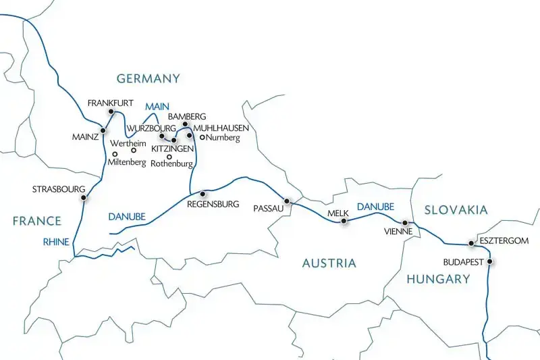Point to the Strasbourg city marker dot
(x=84, y=198)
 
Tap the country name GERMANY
(x=148, y=79)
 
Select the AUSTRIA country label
(x=328, y=263)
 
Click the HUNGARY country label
(x=437, y=279)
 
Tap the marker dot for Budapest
(x=490, y=262)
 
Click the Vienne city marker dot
(x=405, y=222)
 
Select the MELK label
(x=337, y=213)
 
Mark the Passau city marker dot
(x=287, y=201)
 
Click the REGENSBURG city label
(x=213, y=204)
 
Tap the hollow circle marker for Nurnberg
(x=202, y=137)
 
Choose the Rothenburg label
(x=173, y=163)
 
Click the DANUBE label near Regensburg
(x=126, y=216)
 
